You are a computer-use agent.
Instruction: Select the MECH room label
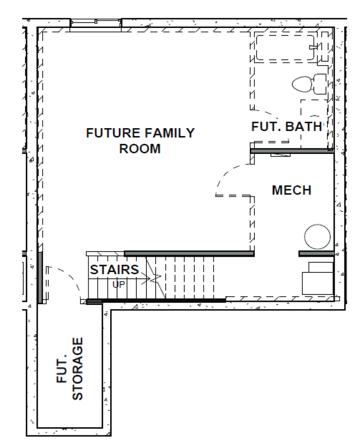pos(292,190)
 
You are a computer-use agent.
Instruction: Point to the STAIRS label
pos(114,270)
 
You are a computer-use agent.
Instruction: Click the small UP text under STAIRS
pos(118,284)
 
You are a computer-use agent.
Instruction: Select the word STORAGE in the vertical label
pos(78,368)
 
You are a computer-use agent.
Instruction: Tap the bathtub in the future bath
pos(285,48)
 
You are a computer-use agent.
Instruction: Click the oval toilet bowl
pos(302,85)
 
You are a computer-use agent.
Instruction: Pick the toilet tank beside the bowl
pos(320,84)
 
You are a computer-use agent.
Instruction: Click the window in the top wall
pos(96,23)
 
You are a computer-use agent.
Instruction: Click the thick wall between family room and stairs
pos(188,253)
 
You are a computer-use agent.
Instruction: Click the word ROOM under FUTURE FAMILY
pos(140,149)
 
